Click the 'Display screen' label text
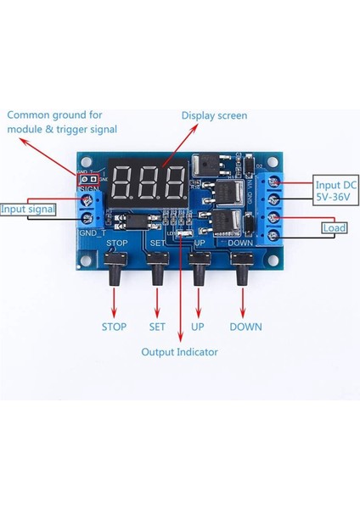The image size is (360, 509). (214, 115)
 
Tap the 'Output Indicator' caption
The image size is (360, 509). (179, 352)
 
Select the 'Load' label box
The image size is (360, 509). (334, 227)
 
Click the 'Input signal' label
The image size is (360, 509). (28, 209)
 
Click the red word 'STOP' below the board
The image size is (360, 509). (114, 327)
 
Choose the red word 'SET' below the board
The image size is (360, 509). (156, 327)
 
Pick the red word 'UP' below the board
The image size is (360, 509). (197, 327)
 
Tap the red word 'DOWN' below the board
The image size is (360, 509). (245, 327)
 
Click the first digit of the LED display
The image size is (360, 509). (121, 180)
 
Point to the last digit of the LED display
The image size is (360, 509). (175, 180)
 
